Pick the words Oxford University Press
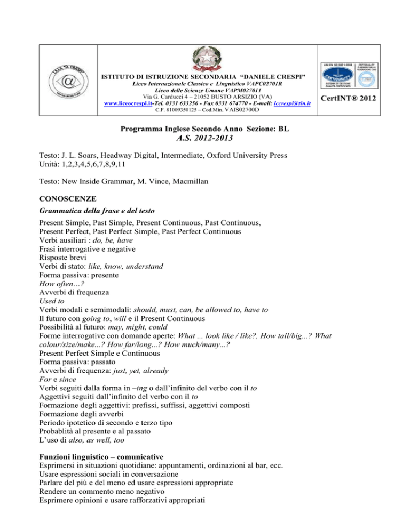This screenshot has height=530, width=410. [242, 155]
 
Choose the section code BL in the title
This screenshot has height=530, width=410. [290, 129]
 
